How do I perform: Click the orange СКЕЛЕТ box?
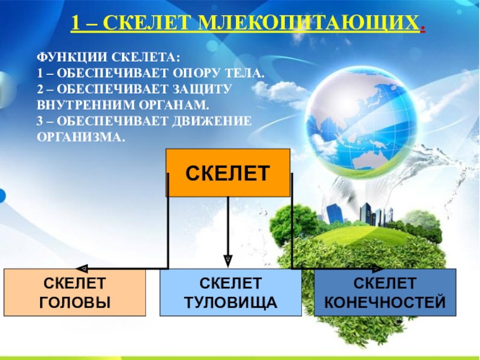227,173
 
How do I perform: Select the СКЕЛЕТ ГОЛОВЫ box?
74,292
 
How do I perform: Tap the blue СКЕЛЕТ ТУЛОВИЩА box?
230,292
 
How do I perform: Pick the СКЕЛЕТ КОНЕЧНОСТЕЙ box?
385,292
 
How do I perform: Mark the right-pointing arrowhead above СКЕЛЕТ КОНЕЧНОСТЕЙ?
379,268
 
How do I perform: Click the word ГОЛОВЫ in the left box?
74,302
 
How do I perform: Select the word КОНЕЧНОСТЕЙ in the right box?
385,302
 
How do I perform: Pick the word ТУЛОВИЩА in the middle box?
230,302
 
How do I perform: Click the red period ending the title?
424,28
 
